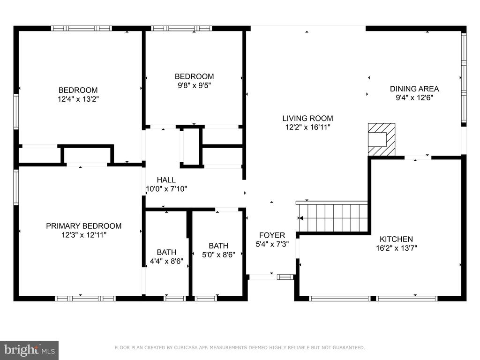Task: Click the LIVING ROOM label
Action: [307, 118]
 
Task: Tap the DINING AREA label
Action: [414, 89]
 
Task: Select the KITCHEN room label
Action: [396, 239]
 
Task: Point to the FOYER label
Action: [272, 235]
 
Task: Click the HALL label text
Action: [166, 180]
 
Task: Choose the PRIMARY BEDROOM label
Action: [83, 226]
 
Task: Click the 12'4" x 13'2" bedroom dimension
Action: [78, 99]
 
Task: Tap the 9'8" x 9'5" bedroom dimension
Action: [195, 85]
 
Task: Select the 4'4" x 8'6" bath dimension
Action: [166, 261]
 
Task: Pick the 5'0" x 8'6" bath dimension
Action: [218, 255]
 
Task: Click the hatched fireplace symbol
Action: [382, 140]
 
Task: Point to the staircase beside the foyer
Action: [333, 218]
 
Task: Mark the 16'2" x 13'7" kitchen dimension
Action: [397, 248]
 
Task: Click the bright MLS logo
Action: [30, 350]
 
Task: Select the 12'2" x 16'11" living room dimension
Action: [307, 127]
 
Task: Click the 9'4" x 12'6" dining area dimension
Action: [414, 97]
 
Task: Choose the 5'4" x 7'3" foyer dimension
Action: [272, 244]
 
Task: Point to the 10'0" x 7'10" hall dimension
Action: [166, 189]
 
